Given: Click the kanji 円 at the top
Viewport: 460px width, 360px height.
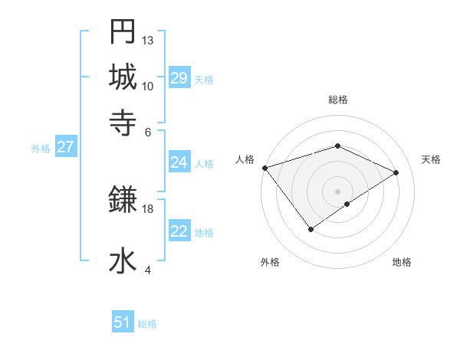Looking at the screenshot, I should click(123, 31).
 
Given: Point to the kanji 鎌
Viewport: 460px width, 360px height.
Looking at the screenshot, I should click(123, 200).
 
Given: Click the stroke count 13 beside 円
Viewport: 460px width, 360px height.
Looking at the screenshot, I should click(148, 40).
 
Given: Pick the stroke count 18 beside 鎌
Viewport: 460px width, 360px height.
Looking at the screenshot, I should click(148, 208).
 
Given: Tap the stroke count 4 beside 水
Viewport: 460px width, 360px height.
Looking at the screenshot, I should click(148, 270).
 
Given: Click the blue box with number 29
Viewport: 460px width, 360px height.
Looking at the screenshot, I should click(179, 78).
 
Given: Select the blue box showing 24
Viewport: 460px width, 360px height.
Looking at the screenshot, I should click(179, 162).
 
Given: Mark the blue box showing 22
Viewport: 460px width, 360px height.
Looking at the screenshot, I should click(179, 231).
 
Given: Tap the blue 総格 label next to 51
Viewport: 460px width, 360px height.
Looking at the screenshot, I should click(147, 324).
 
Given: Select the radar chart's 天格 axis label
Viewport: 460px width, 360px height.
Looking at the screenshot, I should click(431, 159).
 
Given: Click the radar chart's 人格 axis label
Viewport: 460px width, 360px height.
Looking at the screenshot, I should click(245, 159).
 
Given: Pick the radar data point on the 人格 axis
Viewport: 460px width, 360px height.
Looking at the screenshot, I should click(264, 168).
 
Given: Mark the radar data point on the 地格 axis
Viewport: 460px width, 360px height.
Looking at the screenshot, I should click(347, 204).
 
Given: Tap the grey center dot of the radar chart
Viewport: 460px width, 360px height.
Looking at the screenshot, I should click(337, 191).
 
